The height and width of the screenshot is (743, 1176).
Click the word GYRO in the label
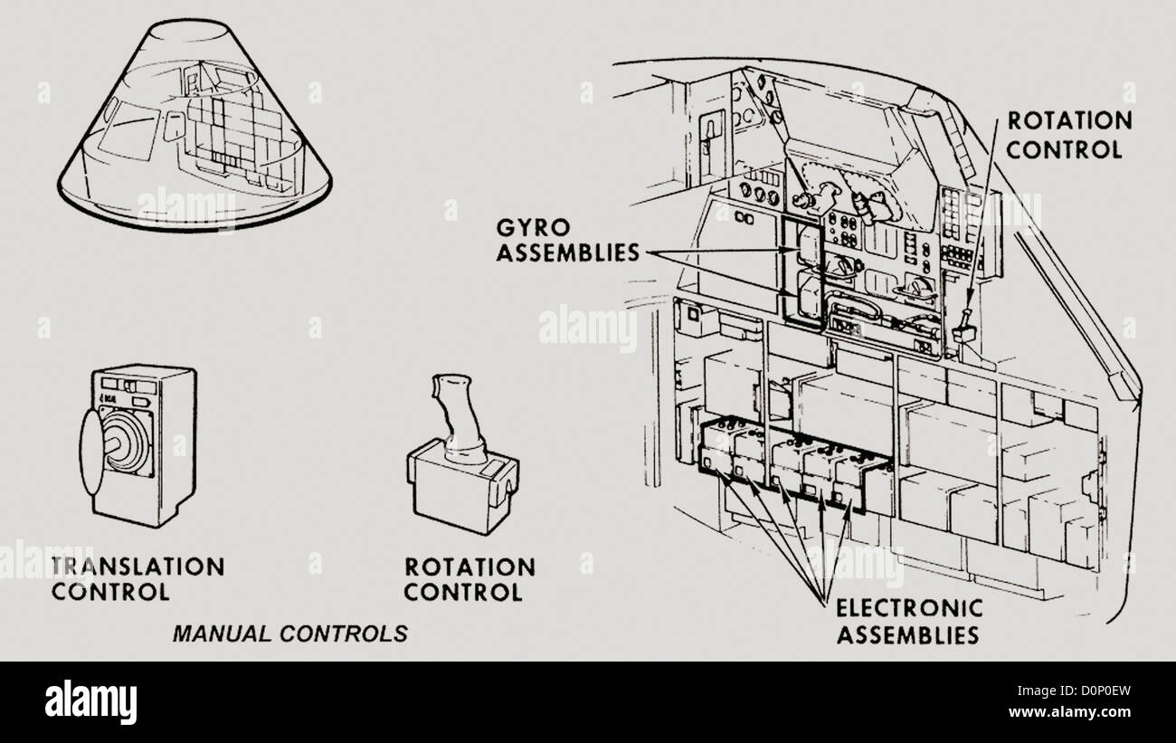click(x=533, y=228)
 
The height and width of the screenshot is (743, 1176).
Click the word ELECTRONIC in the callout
click(x=909, y=609)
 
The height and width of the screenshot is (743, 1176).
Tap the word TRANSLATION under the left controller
click(x=138, y=567)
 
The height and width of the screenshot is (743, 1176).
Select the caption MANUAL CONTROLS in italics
click(x=290, y=633)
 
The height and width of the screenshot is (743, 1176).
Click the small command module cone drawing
click(x=194, y=125)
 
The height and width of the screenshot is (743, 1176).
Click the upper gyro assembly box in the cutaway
click(x=809, y=246)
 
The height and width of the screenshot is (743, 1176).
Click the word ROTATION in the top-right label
click(x=1069, y=121)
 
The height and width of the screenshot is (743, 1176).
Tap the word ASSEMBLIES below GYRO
click(x=568, y=253)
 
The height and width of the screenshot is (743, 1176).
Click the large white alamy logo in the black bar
click(x=90, y=702)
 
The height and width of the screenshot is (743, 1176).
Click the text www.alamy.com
click(x=1069, y=712)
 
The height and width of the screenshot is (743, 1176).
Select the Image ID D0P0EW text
click(x=1074, y=691)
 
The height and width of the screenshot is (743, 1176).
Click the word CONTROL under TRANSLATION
click(x=110, y=592)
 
